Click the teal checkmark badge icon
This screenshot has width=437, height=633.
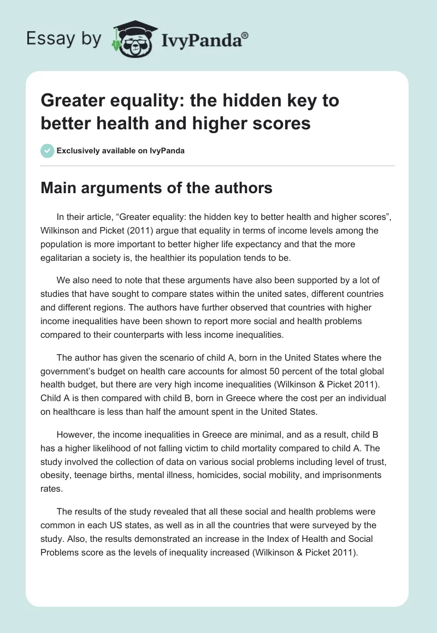click(48, 151)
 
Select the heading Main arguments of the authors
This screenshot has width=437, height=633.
click(156, 188)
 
